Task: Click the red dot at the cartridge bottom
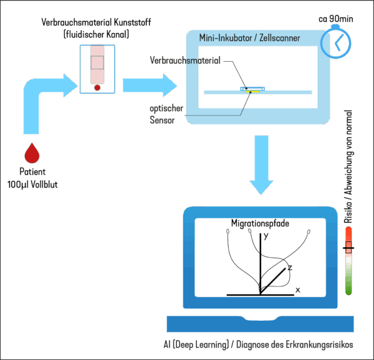(x=97, y=89)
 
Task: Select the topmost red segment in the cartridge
(x=96, y=51)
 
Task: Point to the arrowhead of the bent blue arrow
(x=70, y=82)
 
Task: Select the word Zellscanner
(x=278, y=39)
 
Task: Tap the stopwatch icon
(x=335, y=42)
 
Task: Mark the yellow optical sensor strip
(x=254, y=92)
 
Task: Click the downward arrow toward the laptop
(x=261, y=168)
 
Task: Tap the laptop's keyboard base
(x=260, y=324)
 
